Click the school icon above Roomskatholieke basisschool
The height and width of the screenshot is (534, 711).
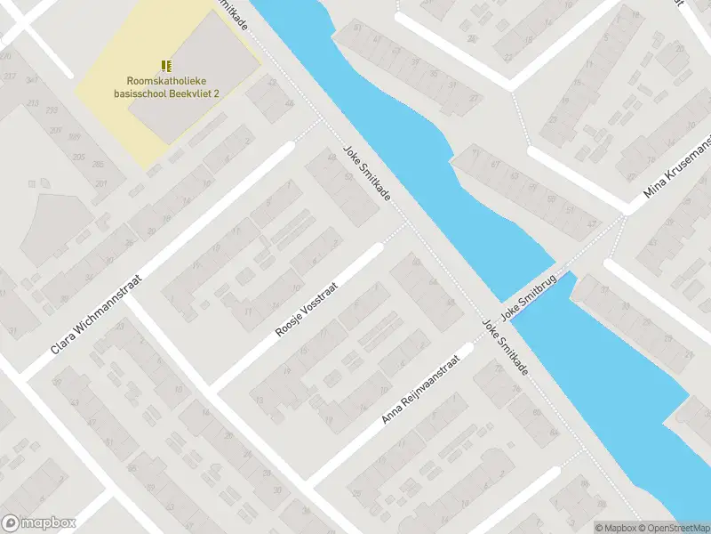(x=165, y=65)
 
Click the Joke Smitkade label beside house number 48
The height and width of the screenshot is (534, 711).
(x=367, y=174)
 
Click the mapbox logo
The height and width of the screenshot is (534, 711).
(x=39, y=523)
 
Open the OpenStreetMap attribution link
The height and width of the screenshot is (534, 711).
(x=675, y=528)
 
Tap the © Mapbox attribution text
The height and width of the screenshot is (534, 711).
(x=616, y=528)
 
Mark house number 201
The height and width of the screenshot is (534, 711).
(x=102, y=184)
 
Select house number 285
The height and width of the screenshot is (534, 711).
(x=96, y=165)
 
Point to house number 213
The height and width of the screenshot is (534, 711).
(x=33, y=104)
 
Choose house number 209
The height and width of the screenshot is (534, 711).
(x=55, y=131)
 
